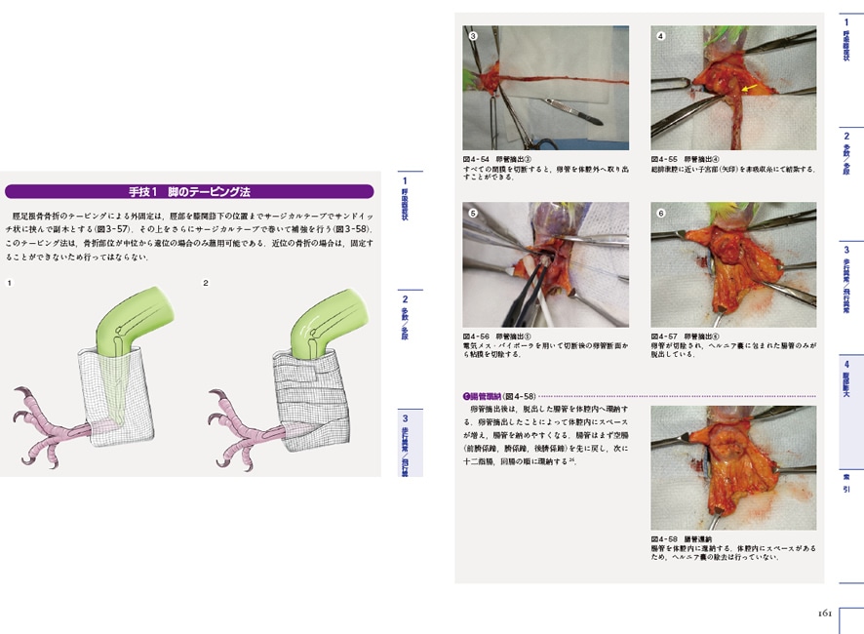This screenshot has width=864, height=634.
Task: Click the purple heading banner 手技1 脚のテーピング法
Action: tap(189, 191)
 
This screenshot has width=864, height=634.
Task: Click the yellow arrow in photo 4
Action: tap(750, 89)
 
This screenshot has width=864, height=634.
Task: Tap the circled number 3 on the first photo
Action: tap(473, 37)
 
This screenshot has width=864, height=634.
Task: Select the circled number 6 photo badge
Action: tap(660, 213)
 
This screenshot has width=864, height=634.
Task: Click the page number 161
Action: tap(823, 614)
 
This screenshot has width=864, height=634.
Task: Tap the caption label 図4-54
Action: tap(477, 158)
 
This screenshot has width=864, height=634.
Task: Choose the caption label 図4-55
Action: tap(665, 158)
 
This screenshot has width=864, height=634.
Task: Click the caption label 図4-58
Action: tap(665, 538)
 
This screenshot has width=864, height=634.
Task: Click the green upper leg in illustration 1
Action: tap(136, 318)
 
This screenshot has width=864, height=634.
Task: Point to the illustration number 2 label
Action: tap(206, 283)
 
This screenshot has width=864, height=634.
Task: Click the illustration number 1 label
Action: tap(10, 283)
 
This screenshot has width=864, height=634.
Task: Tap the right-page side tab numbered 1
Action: tap(846, 39)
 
